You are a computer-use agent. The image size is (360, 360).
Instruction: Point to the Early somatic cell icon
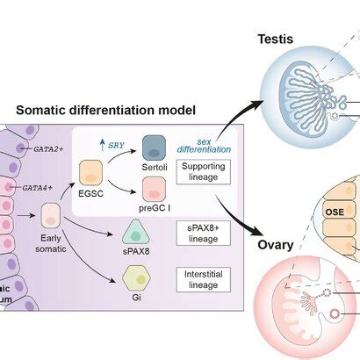(x=51, y=216)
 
